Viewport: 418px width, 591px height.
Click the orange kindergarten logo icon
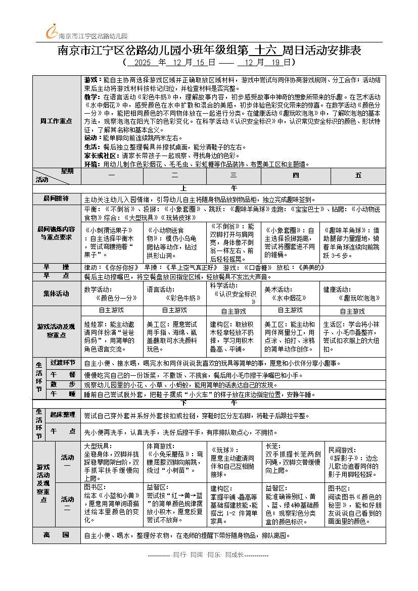tap(51, 32)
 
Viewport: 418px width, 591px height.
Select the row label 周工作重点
tap(56, 121)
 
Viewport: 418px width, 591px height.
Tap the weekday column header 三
tap(234, 175)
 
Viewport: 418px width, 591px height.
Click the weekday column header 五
tap(358, 175)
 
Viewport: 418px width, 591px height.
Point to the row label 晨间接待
tap(56, 199)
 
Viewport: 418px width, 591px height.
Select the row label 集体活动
tap(56, 293)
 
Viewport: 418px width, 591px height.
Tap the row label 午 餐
tap(63, 374)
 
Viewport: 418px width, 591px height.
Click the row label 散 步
tap(63, 384)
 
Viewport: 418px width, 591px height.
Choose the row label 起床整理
tap(63, 415)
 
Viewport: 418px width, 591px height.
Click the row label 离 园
tap(56, 535)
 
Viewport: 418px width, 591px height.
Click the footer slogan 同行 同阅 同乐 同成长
tap(208, 554)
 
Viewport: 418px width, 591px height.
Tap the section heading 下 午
tap(208, 404)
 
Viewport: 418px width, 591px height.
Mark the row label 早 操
tap(56, 267)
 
